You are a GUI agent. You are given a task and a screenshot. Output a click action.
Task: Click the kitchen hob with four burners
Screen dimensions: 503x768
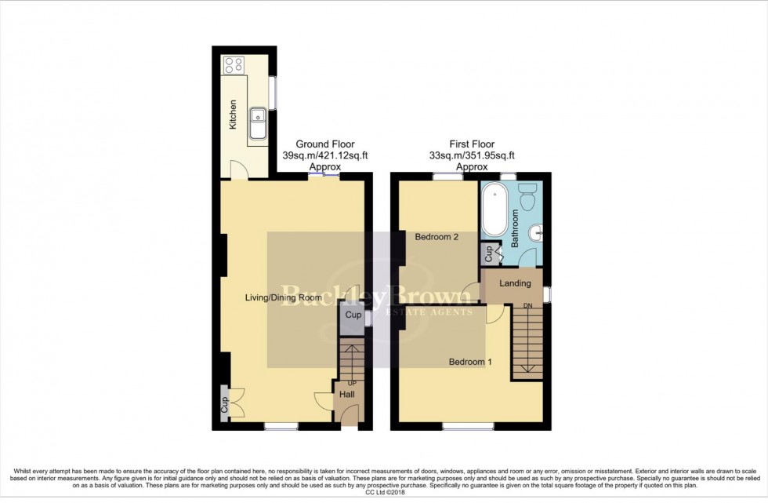(233, 65)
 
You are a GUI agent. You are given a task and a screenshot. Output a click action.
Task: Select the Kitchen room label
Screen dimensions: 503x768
(233, 115)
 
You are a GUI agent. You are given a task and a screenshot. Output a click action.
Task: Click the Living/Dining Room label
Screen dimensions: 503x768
(283, 298)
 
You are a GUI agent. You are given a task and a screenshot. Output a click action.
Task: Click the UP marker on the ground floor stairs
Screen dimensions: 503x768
(352, 383)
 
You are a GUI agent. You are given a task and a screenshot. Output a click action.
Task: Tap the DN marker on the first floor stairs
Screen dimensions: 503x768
(528, 306)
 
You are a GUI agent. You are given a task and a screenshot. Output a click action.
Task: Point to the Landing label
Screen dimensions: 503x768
(516, 283)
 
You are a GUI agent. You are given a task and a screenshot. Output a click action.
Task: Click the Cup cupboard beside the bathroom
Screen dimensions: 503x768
(489, 253)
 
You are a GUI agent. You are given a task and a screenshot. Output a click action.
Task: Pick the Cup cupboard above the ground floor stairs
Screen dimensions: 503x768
(353, 315)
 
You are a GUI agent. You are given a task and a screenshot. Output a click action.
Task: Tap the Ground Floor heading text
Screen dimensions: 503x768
(324, 144)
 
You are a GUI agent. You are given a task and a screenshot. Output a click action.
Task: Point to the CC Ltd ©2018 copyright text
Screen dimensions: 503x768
(383, 493)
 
